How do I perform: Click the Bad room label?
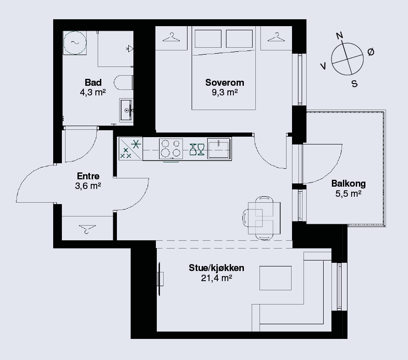click(93, 83)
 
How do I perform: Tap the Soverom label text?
click(225, 83)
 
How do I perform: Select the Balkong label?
click(348, 183)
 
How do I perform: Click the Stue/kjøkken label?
click(216, 268)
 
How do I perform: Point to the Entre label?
click(88, 176)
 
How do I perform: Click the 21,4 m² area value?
click(216, 278)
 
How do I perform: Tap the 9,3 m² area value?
click(225, 92)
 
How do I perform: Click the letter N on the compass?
click(339, 36)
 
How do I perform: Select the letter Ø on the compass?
click(371, 52)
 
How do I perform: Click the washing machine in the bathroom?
click(75, 43)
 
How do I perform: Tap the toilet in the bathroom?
click(124, 83)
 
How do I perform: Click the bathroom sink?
click(126, 110)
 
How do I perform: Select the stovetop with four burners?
click(171, 149)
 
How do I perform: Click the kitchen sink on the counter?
click(219, 149)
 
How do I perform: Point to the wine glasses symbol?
click(197, 150)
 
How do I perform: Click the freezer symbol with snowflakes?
click(130, 149)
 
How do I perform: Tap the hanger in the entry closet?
click(87, 229)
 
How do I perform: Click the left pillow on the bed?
click(208, 39)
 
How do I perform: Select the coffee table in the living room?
click(276, 278)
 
